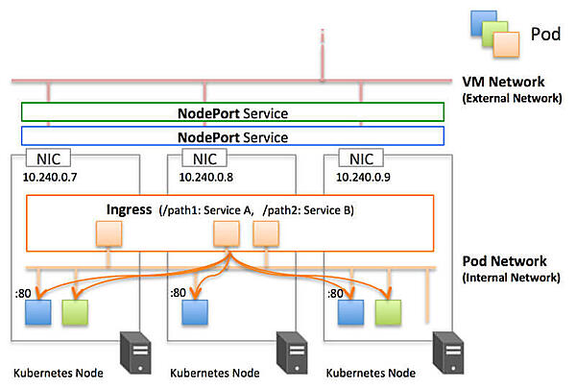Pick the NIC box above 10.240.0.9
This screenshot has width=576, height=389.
pos(362,159)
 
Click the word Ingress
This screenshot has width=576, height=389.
pos(128,209)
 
